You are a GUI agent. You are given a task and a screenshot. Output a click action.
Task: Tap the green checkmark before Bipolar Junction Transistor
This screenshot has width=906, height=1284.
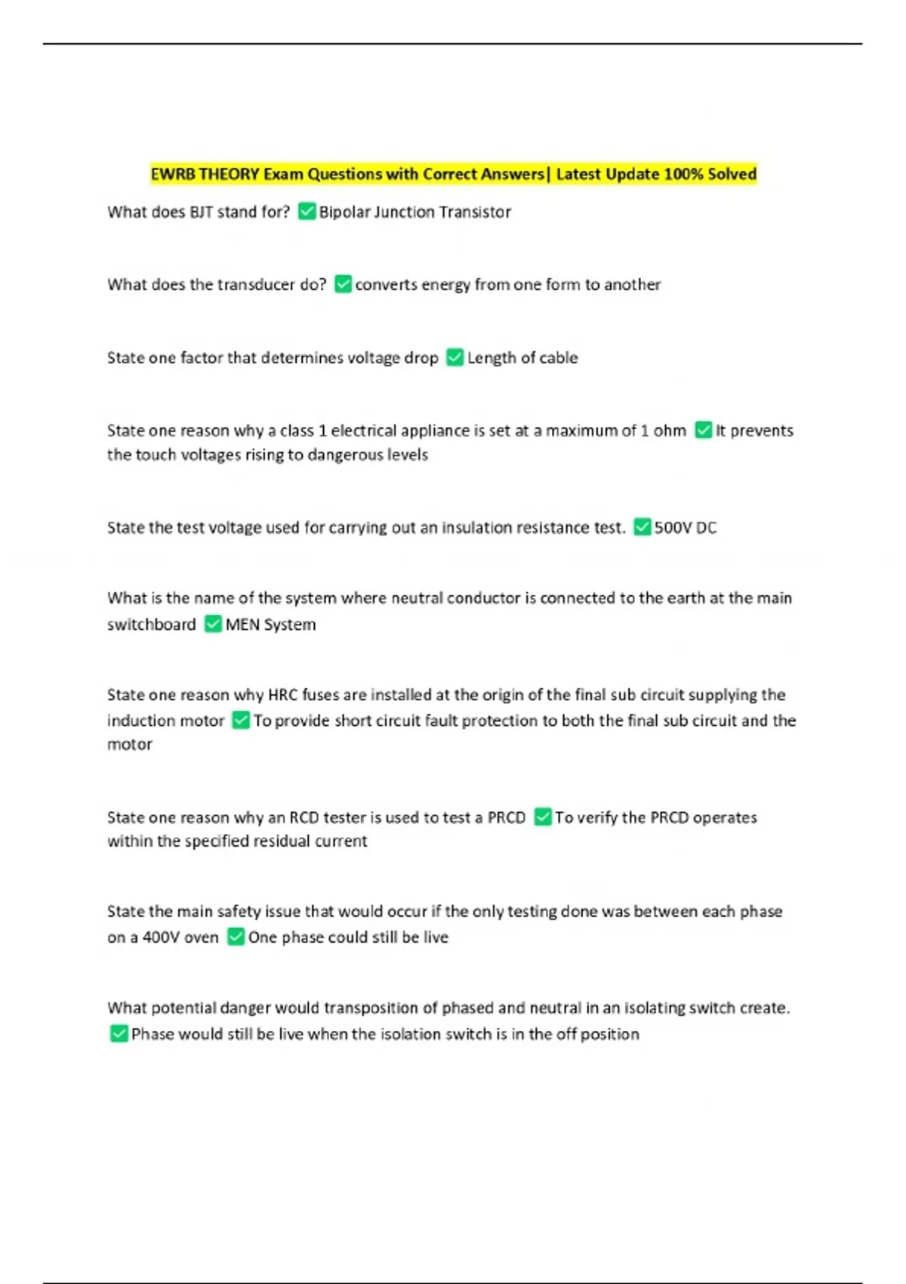click(307, 211)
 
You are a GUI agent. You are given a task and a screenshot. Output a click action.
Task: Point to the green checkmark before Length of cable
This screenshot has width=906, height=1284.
click(455, 357)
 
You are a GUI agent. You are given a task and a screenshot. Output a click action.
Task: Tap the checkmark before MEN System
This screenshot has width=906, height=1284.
click(213, 624)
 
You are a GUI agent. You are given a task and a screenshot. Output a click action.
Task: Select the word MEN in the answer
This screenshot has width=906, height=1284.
click(242, 625)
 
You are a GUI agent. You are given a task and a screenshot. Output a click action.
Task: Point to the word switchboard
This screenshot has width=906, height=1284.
click(151, 625)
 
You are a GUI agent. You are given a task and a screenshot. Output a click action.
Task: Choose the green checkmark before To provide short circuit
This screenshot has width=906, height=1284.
click(241, 721)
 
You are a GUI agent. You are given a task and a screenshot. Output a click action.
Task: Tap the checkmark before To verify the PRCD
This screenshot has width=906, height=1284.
click(542, 816)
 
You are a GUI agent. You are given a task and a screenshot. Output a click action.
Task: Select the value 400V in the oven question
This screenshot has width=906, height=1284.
click(159, 937)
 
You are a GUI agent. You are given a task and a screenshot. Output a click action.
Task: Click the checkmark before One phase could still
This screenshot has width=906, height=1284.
click(236, 937)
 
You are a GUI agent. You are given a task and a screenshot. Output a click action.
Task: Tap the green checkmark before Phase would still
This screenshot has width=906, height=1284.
click(119, 1033)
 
